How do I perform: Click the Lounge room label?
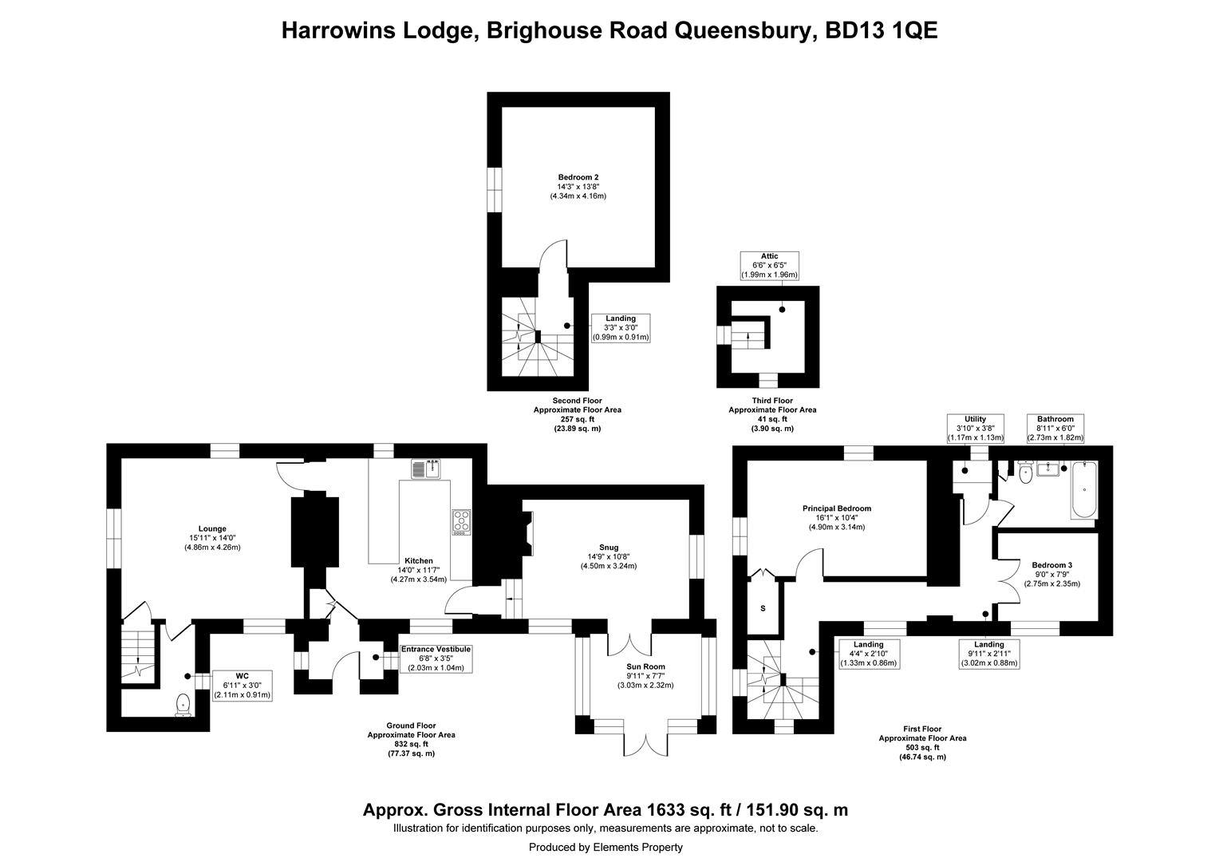(x=212, y=537)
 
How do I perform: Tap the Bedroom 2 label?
(x=578, y=186)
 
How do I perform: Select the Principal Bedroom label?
(x=836, y=517)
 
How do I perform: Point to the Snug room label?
(x=609, y=556)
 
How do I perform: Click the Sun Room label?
(x=645, y=676)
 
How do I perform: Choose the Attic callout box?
(x=770, y=266)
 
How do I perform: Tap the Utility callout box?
(x=975, y=429)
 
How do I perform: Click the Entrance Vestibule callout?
(x=436, y=658)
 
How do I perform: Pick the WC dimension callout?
(x=243, y=686)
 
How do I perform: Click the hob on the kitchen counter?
(x=461, y=522)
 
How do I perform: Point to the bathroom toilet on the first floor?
(x=1025, y=472)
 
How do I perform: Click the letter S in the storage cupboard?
(x=763, y=608)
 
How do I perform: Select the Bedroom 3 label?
(x=1052, y=575)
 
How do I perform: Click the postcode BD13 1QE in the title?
(x=882, y=30)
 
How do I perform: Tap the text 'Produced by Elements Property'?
(x=606, y=848)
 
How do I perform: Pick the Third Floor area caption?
(x=772, y=414)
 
